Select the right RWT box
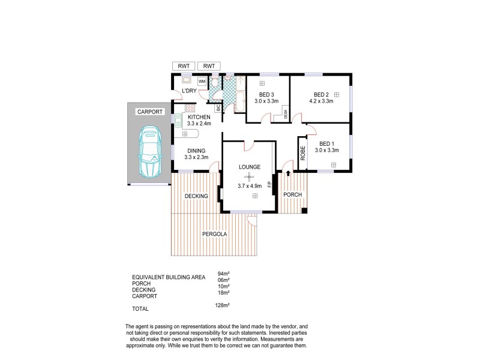pos(209,66)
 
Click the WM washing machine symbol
pos(202,81)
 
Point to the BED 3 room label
pos(266,95)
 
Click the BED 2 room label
pos(321,94)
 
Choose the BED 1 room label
pos(326,143)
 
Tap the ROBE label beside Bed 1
pos(303,153)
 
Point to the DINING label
pos(196,151)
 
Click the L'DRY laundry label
pos(189,91)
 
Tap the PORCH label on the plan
pos(292,195)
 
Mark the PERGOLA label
pos(214,234)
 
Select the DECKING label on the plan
pos(196,196)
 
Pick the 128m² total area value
pos(222,305)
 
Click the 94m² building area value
pos(223,274)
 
